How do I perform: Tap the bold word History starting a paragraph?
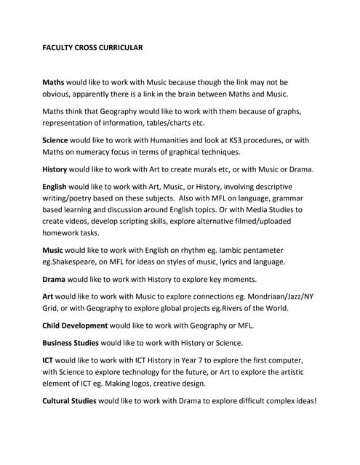pyautogui.click(x=57, y=169)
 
